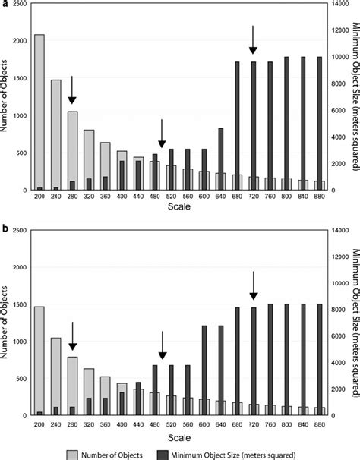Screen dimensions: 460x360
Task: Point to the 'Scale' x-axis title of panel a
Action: coord(179,215)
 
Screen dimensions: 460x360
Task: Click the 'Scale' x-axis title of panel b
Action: coord(179,437)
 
